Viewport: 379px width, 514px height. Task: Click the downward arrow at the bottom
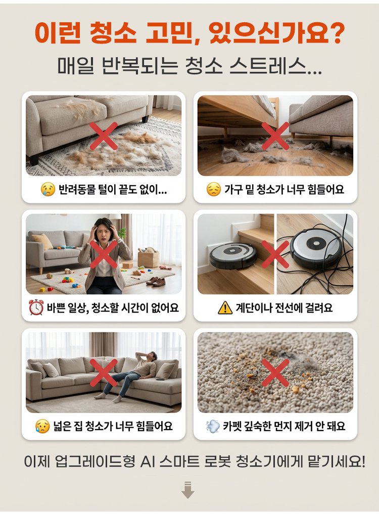(187, 490)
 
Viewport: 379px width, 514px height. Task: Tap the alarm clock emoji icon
(36, 308)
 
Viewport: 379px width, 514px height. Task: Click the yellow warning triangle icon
(225, 308)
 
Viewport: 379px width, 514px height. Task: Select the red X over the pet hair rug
(104, 136)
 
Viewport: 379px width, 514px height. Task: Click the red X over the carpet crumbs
(275, 372)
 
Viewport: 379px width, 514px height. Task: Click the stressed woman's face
(104, 233)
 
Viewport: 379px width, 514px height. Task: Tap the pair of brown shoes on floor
(156, 281)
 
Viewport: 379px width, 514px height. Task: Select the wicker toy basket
(149, 259)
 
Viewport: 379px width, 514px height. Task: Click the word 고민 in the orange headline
(169, 32)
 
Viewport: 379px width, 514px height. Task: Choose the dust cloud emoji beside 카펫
(213, 426)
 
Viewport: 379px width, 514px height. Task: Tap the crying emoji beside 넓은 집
(42, 426)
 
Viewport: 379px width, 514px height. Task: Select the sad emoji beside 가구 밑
(214, 189)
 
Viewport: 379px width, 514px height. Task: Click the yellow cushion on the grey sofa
(42, 242)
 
